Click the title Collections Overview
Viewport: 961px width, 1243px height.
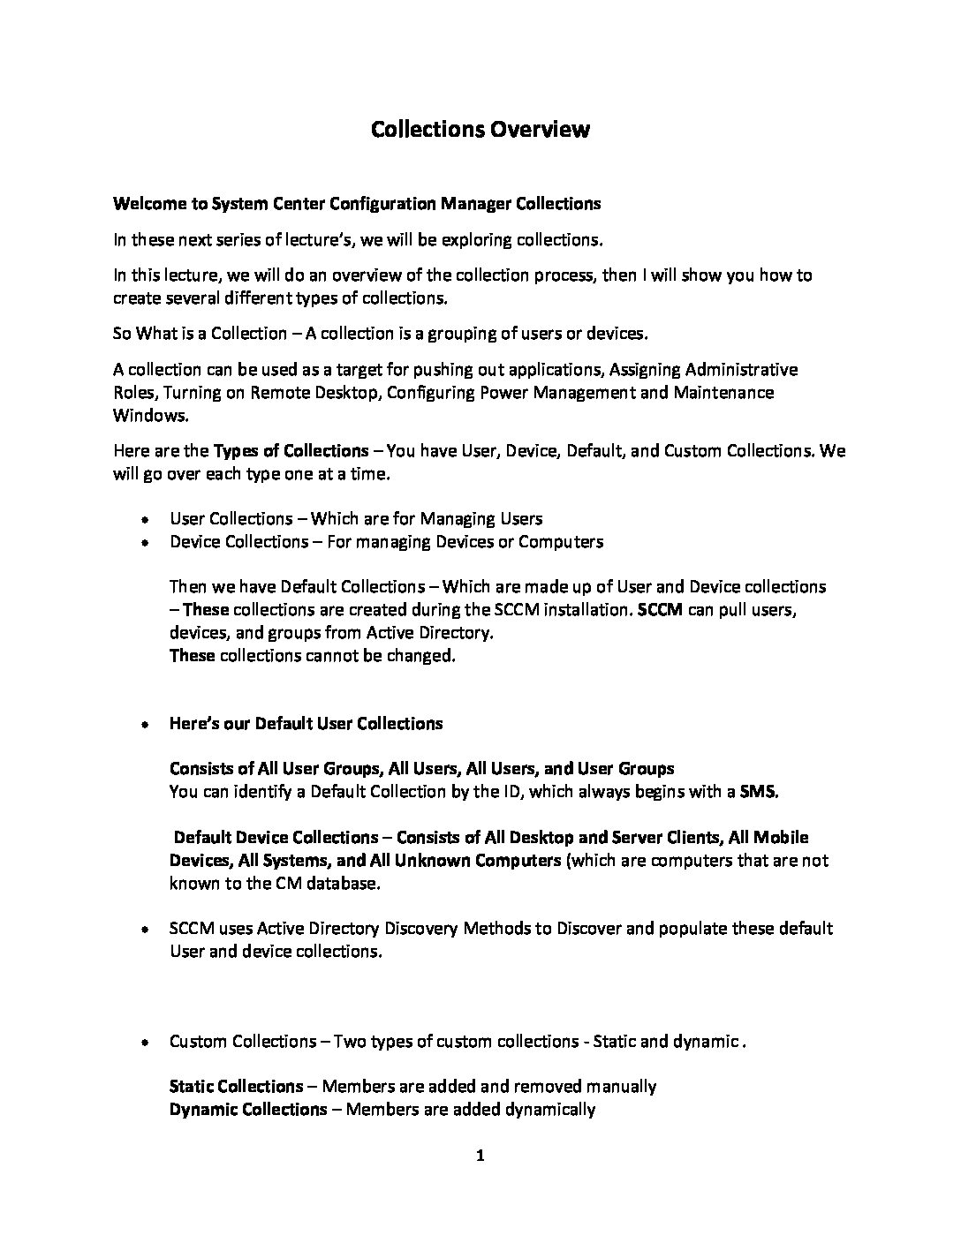pyautogui.click(x=480, y=130)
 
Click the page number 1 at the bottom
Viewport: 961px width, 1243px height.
pyautogui.click(x=480, y=1156)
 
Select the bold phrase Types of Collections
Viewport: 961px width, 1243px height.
pyautogui.click(x=291, y=451)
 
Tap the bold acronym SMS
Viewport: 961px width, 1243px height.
pyautogui.click(x=759, y=792)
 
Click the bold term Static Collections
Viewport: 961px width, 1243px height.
pyautogui.click(x=236, y=1087)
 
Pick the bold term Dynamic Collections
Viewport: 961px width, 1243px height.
pyautogui.click(x=247, y=1110)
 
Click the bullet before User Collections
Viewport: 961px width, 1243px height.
pyautogui.click(x=143, y=519)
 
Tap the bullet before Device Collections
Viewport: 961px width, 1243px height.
pyautogui.click(x=143, y=542)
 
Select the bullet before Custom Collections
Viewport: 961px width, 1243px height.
pyautogui.click(x=143, y=1043)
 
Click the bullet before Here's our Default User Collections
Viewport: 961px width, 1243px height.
pyautogui.click(x=143, y=725)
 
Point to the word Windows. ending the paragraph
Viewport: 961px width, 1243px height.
pyautogui.click(x=151, y=415)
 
